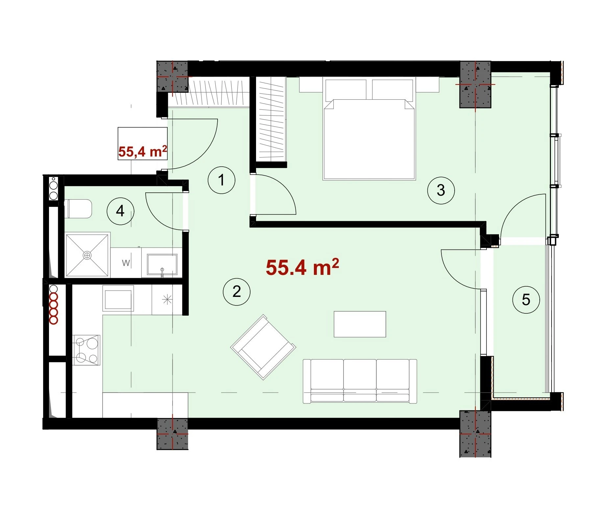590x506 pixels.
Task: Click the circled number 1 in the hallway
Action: tap(222, 180)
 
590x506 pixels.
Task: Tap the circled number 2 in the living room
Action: tap(237, 292)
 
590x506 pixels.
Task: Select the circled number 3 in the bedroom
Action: tap(441, 190)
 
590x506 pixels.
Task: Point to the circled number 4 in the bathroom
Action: tap(121, 211)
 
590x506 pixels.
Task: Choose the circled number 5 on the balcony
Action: tap(526, 300)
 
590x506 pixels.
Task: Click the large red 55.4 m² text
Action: tap(302, 267)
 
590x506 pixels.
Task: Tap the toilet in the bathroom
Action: tap(78, 208)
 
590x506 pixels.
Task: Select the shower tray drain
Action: tap(87, 255)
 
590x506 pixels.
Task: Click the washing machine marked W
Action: tap(126, 263)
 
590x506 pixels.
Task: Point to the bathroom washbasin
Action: tap(162, 264)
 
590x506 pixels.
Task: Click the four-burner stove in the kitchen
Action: tap(86, 350)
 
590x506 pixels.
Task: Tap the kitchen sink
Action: tap(118, 298)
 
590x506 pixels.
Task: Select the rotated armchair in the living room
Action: tap(263, 347)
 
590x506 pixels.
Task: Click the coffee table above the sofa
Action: tap(360, 324)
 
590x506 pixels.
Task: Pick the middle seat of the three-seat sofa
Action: tap(360, 380)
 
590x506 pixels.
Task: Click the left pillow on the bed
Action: tap(346, 90)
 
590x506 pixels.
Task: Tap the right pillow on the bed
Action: tap(392, 90)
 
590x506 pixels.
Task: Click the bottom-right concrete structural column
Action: tap(475, 433)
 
